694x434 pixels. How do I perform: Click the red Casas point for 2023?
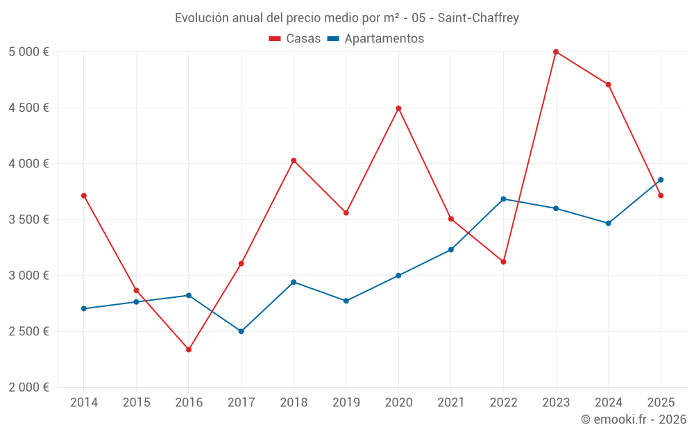[x=556, y=52]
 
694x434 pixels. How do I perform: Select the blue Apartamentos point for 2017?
[x=241, y=331]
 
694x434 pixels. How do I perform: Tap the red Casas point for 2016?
[x=189, y=349]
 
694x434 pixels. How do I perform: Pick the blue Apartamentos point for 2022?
[x=504, y=199]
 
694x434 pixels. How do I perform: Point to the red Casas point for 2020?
[x=398, y=108]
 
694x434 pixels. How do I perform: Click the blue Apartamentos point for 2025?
[x=661, y=180]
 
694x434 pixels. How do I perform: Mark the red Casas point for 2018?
[x=294, y=160]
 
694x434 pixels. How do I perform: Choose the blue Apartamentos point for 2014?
[x=84, y=308]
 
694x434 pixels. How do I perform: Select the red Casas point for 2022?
[x=504, y=262]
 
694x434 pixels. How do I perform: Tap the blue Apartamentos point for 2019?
[x=346, y=301]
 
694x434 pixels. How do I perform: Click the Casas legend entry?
[x=295, y=39]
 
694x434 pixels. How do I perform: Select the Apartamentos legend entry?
[x=375, y=39]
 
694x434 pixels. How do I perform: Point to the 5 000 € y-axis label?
[x=28, y=52]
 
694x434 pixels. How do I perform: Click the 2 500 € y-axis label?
[x=28, y=331]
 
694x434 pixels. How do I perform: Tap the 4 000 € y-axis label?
[x=28, y=164]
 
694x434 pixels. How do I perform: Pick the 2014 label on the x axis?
[x=84, y=402]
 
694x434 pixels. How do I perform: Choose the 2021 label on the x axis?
[x=451, y=402]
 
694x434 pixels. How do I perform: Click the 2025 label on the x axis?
[x=661, y=402]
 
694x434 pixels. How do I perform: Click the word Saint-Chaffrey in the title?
[x=478, y=17]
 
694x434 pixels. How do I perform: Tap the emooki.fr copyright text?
[x=634, y=419]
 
